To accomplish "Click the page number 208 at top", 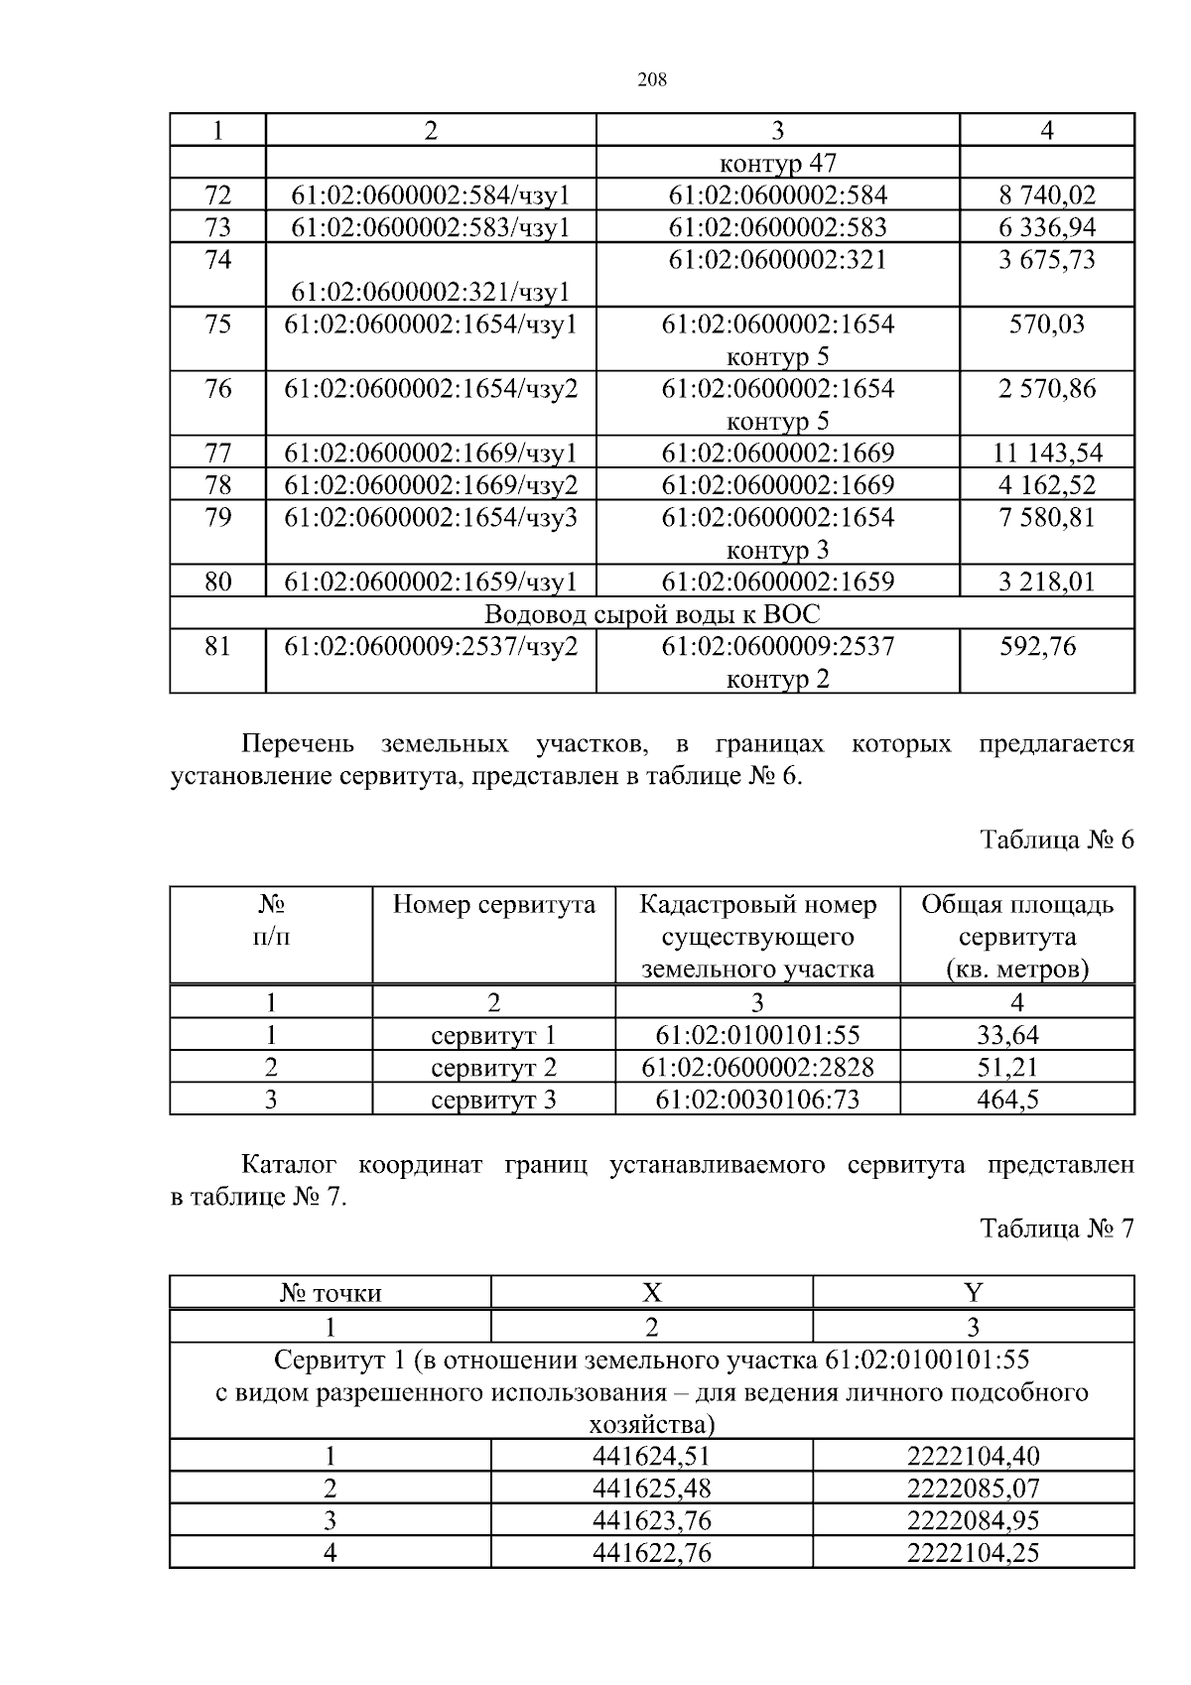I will (651, 80).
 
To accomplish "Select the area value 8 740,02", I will (1046, 195).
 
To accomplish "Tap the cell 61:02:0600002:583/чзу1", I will (430, 227).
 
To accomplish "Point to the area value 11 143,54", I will (1046, 454).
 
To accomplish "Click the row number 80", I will (217, 582).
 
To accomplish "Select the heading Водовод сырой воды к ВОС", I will (651, 613).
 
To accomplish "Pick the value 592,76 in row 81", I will (1038, 647).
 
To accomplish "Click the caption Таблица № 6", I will (1056, 840).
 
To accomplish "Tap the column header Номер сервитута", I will (493, 905).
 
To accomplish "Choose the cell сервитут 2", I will (493, 1068).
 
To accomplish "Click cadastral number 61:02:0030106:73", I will (757, 1100).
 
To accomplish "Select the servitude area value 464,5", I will (1007, 1100).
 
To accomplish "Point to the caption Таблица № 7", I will (1056, 1229).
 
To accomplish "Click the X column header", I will (651, 1292).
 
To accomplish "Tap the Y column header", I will (973, 1292).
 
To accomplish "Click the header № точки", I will (331, 1293).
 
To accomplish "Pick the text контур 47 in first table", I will (777, 163).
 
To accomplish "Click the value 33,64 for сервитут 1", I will (1007, 1035).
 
